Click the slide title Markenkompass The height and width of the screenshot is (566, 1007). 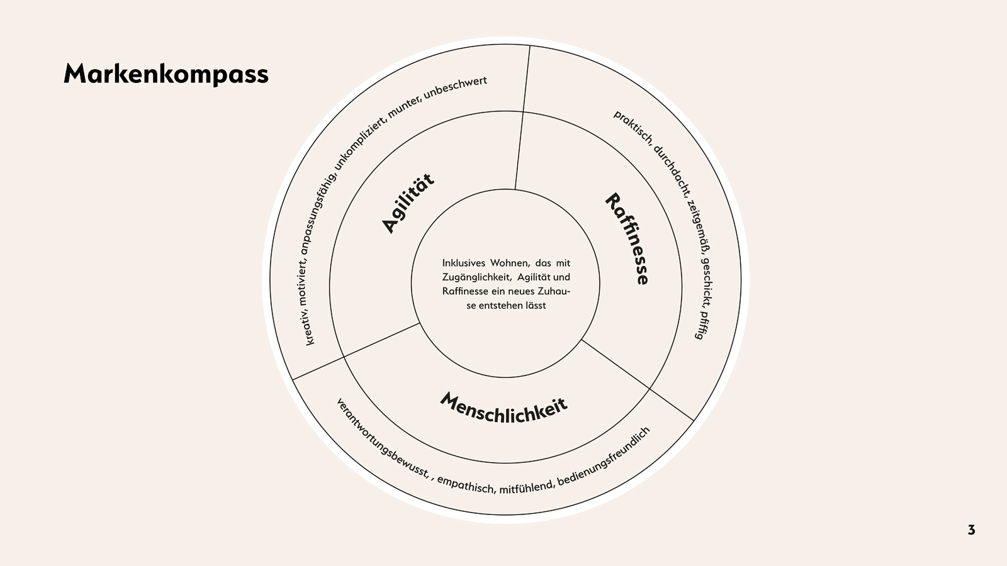[x=166, y=74]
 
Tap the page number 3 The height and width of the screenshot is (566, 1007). [x=971, y=530]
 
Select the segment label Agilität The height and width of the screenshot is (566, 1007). [x=408, y=203]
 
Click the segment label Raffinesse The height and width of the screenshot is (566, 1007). [x=627, y=239]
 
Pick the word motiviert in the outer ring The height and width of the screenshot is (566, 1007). [x=303, y=284]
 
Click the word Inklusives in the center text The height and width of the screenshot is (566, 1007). [x=464, y=263]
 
